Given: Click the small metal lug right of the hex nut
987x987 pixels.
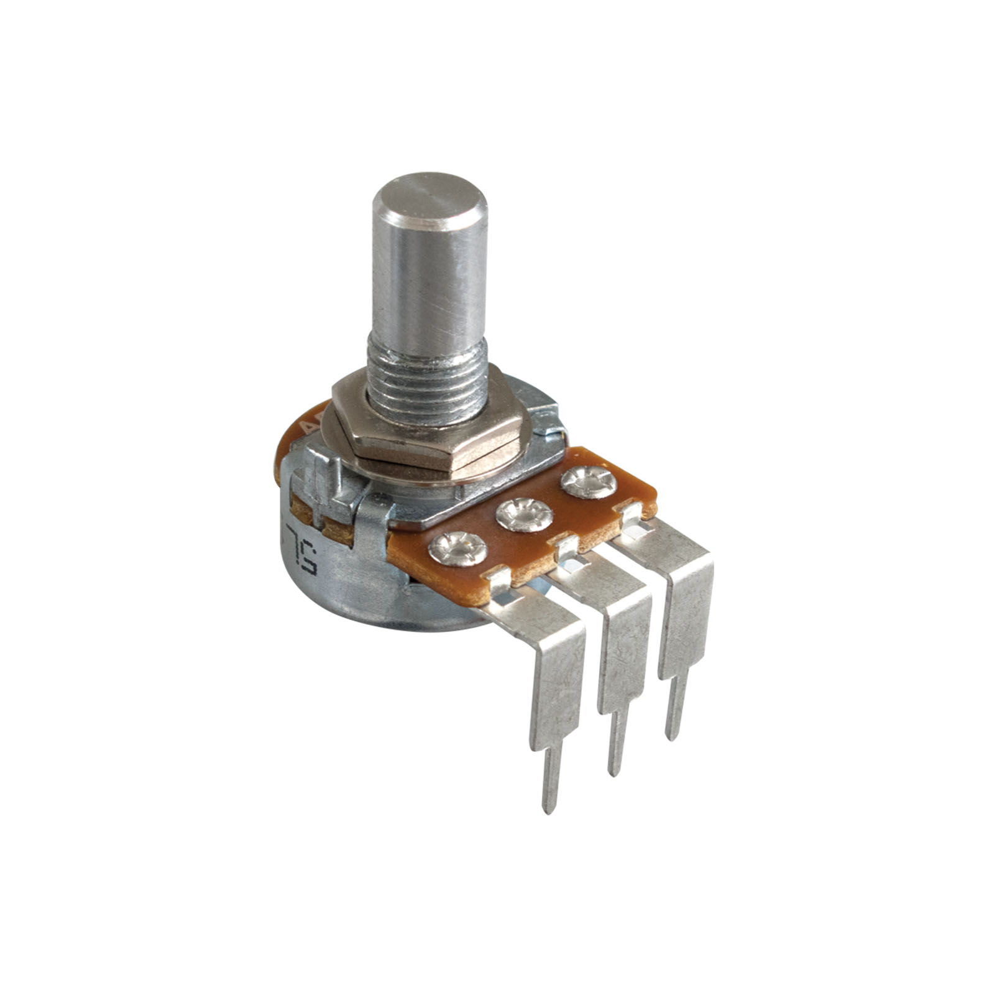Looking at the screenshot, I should click(x=547, y=417).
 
